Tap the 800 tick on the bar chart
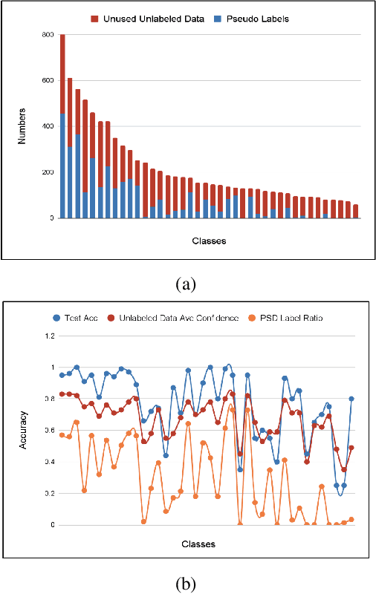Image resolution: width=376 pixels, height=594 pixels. [x=47, y=35]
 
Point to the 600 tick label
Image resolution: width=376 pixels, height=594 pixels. [x=47, y=81]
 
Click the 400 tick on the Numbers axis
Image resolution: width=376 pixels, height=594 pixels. [x=47, y=127]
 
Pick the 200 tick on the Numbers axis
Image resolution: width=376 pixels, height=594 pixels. [x=47, y=172]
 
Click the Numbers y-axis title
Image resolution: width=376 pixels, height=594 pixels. [x=22, y=126]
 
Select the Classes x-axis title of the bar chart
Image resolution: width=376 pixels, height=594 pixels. [x=209, y=241]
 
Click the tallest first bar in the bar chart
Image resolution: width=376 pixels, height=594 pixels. [x=62, y=126]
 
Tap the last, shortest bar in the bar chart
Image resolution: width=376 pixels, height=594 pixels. [x=355, y=212]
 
